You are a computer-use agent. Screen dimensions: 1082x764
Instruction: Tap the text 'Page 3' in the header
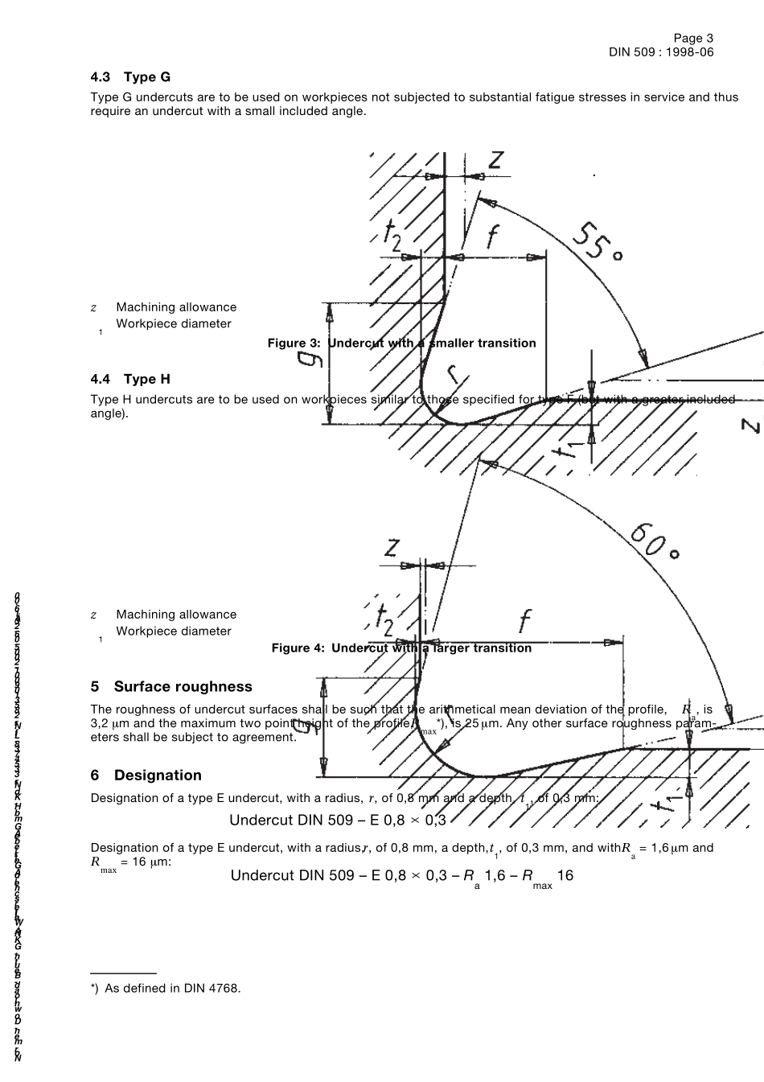693,38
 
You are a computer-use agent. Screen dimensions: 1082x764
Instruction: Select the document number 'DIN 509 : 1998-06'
661,52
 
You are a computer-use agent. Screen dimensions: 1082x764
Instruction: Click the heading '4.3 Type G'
130,77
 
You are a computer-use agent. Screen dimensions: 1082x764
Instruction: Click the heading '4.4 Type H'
130,379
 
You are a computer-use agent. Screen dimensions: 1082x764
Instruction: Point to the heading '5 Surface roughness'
171,686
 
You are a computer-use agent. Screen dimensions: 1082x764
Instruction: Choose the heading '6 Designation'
146,775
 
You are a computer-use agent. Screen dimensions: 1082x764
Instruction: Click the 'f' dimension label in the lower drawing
524,620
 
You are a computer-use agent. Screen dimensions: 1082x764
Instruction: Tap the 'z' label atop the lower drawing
392,547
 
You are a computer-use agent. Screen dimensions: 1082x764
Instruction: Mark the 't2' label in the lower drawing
384,618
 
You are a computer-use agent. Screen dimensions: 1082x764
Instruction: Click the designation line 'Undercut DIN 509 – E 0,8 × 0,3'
338,820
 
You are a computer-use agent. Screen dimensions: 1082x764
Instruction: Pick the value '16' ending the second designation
565,875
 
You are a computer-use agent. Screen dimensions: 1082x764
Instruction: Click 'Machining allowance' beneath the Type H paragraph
176,615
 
